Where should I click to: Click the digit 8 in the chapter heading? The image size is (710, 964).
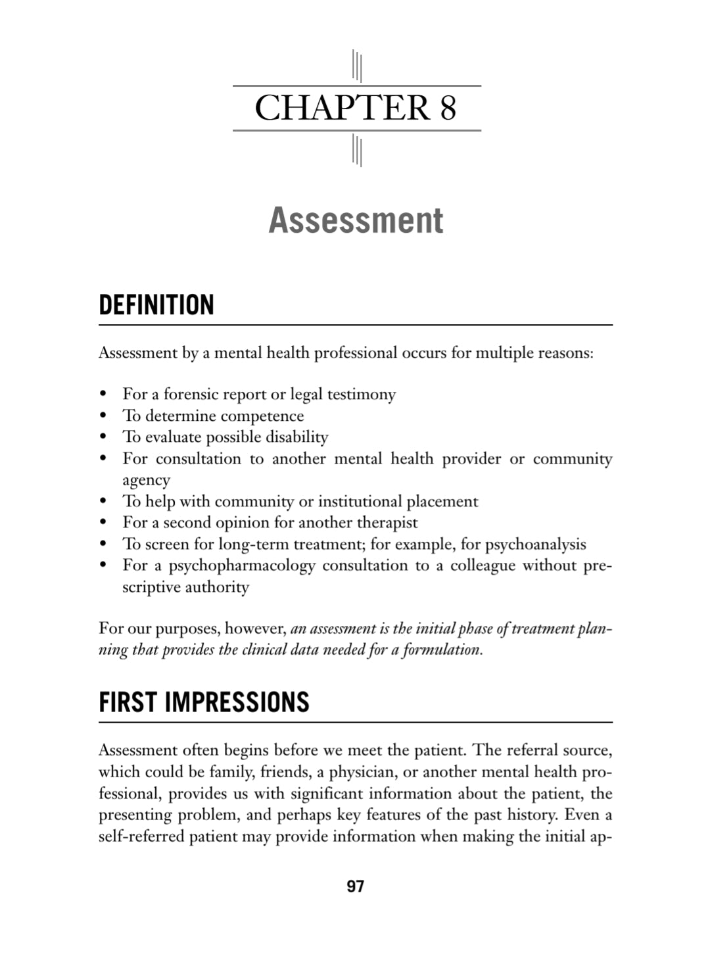[x=448, y=108]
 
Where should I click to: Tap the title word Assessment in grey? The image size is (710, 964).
[x=356, y=220]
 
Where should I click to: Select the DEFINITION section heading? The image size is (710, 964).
[x=156, y=305]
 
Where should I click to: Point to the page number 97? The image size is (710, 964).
[x=355, y=886]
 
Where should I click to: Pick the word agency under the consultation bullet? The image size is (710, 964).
[x=146, y=480]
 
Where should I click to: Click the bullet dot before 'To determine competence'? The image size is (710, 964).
[x=103, y=416]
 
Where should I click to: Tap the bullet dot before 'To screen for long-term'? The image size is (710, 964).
[x=103, y=544]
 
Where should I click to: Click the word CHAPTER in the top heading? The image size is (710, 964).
[x=342, y=108]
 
